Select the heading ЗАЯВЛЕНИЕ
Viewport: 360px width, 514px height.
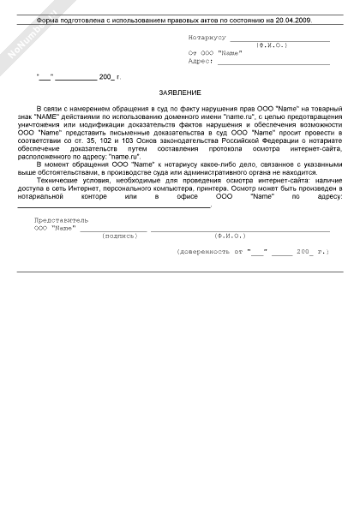[x=180, y=92]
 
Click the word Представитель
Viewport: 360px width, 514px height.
[x=60, y=220]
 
